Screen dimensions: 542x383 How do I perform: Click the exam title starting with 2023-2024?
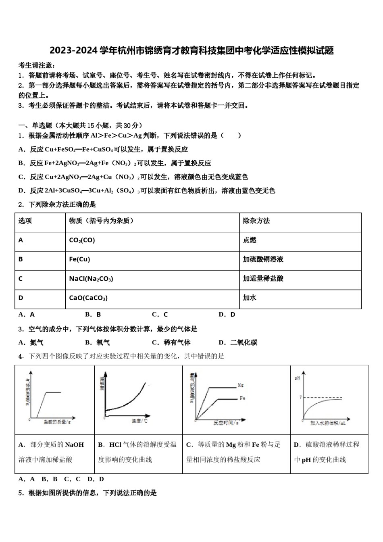[x=191, y=51]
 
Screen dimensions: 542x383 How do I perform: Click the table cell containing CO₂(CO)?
[x=82, y=240]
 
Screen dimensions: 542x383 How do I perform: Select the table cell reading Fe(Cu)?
[x=79, y=259]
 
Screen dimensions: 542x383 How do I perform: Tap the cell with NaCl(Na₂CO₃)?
[x=91, y=279]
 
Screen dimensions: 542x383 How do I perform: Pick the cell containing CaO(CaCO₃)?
[x=88, y=298]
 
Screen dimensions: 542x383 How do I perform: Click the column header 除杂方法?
[x=256, y=221]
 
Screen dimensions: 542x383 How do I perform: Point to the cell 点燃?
[x=250, y=240]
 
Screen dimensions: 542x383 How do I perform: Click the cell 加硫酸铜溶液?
[x=263, y=259]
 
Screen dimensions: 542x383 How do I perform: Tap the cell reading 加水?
[x=250, y=298]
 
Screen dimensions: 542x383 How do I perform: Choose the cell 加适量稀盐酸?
[x=263, y=279]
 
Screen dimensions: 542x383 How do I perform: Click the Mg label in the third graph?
[x=241, y=386]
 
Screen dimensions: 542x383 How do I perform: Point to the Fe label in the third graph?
[x=242, y=398]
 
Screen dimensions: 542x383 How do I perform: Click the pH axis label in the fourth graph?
[x=298, y=378]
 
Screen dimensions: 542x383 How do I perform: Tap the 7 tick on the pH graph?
[x=300, y=398]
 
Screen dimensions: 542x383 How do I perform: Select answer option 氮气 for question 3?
[x=36, y=343]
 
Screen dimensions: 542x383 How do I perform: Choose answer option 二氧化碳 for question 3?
[x=244, y=343]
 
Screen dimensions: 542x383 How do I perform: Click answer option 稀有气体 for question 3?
[x=177, y=343]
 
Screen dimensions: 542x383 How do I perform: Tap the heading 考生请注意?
[x=37, y=65]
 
